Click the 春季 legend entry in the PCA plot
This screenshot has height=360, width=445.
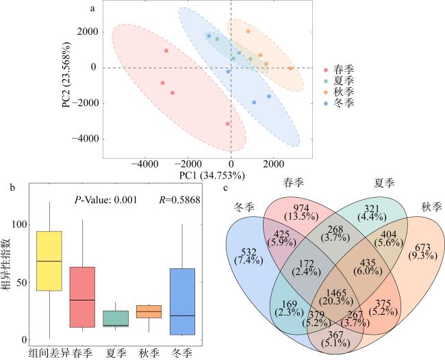[340, 70]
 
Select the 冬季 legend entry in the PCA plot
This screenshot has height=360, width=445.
[340, 103]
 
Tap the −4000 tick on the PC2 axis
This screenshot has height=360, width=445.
[85, 139]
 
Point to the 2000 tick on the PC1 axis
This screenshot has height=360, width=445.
[273, 164]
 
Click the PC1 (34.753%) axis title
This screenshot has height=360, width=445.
[212, 176]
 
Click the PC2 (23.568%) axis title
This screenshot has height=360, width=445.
[66, 75]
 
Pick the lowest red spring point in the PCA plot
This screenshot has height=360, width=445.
[227, 124]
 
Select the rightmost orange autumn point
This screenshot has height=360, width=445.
[290, 68]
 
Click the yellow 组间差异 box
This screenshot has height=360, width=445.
[49, 261]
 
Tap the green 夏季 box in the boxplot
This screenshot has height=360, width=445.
[116, 318]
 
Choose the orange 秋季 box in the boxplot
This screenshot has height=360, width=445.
[149, 311]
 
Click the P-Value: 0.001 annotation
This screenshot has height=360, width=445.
[105, 200]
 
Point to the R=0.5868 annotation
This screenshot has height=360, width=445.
[179, 200]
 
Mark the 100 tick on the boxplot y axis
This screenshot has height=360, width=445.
[20, 224]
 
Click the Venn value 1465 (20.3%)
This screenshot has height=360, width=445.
[336, 297]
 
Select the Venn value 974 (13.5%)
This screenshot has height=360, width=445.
[301, 212]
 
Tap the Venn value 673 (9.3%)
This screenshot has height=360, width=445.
[422, 252]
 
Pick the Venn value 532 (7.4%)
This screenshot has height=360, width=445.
[249, 256]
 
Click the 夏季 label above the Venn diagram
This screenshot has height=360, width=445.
[384, 183]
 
